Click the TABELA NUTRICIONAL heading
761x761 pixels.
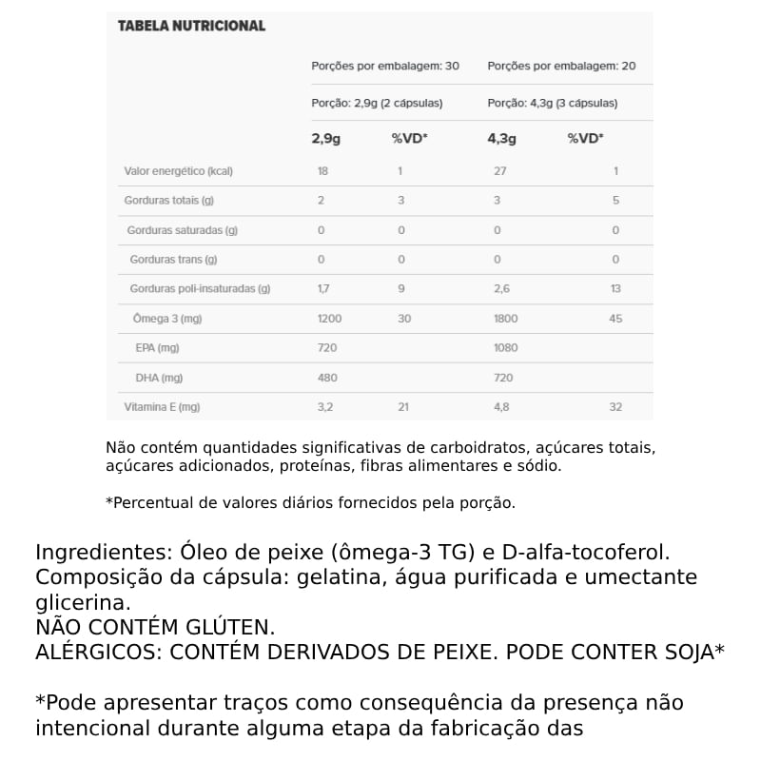point(191,26)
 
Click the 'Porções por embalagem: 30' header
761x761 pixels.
point(385,67)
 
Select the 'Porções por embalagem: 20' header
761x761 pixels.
point(561,67)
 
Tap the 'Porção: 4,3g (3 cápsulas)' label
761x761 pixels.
point(552,103)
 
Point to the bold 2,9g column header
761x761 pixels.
point(326,138)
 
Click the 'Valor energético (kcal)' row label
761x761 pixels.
point(179,171)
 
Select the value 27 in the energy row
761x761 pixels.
point(500,171)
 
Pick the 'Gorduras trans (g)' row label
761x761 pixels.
point(173,260)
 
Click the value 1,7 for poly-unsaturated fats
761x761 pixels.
point(323,289)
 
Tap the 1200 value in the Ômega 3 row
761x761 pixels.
point(329,319)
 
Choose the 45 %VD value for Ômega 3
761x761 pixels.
point(615,319)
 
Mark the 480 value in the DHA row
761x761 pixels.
point(326,378)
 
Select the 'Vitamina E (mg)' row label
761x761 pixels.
point(163,407)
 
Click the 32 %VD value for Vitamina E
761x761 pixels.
point(615,407)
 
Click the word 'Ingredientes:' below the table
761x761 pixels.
point(101,553)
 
